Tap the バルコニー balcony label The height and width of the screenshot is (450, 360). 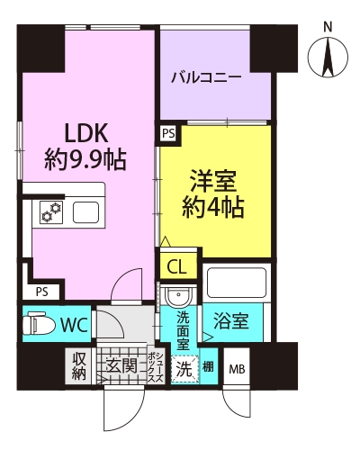tap(206, 78)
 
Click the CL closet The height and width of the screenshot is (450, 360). tap(178, 266)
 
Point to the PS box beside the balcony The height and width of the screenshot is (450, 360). tap(168, 133)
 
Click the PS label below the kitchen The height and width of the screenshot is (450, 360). tap(42, 292)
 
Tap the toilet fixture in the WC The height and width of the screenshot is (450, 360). tap(39, 324)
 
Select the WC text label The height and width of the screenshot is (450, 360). tap(74, 324)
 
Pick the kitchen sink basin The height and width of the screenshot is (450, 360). tap(86, 212)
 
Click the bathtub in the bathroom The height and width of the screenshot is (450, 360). tap(237, 283)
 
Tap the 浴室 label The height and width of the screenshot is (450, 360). tap(230, 321)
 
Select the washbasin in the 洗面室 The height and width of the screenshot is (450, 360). tap(178, 296)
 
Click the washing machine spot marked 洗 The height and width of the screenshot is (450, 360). tap(184, 369)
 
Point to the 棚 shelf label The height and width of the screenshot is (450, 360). tap(208, 367)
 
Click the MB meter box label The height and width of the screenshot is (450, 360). tap(237, 369)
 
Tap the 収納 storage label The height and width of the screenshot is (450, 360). tap(79, 366)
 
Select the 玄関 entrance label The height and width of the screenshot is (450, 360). tap(121, 365)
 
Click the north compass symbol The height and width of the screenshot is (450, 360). tap(328, 57)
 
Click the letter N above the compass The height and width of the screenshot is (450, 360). tap(328, 28)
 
